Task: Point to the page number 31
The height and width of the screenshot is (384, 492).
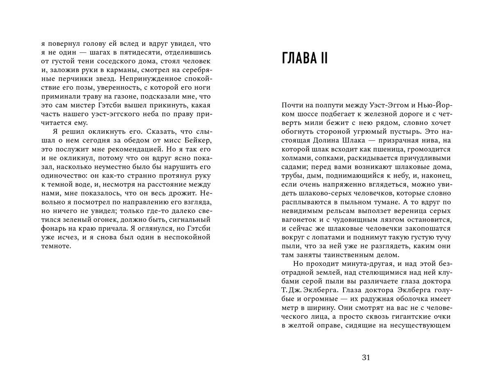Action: [366, 357]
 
